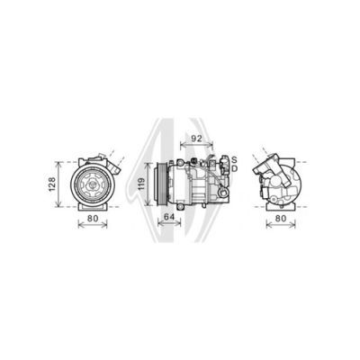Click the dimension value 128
[52, 184]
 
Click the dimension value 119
[141, 184]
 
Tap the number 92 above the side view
[196, 139]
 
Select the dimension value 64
[169, 217]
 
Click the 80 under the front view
[93, 219]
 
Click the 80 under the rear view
[281, 219]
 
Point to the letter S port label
[234, 159]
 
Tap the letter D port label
[235, 168]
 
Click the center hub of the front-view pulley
[93, 185]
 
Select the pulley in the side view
[161, 184]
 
